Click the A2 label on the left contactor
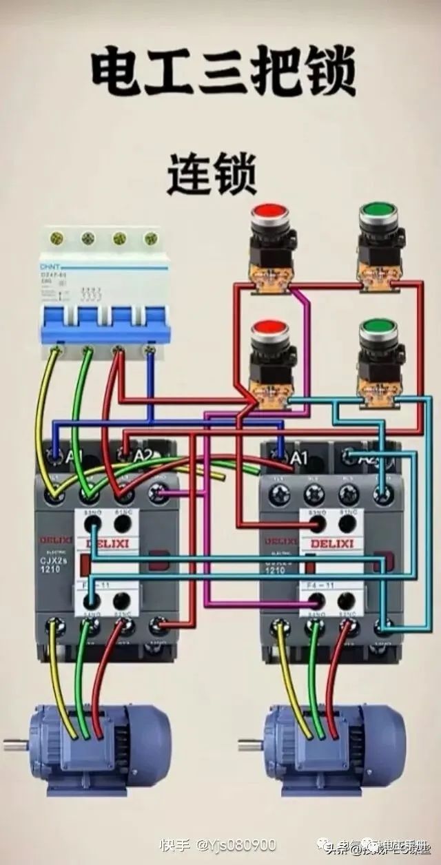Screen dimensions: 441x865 click(x=143, y=455)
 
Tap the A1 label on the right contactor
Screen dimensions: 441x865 click(x=299, y=457)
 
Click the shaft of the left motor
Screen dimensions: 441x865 click(x=15, y=744)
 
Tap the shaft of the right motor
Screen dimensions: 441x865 click(x=249, y=744)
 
